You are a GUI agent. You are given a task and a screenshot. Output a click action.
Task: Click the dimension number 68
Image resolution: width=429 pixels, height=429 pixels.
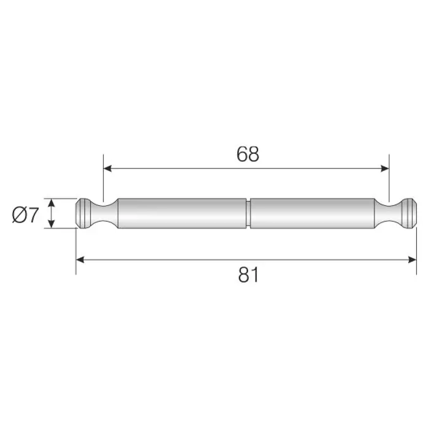tap(248, 154)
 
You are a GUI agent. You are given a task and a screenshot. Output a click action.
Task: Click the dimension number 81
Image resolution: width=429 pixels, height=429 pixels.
tap(248, 275)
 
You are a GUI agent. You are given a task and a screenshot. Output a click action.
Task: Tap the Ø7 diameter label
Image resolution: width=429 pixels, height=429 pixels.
tap(25, 215)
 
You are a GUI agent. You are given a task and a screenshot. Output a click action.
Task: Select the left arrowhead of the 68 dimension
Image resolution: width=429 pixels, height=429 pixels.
tap(107, 169)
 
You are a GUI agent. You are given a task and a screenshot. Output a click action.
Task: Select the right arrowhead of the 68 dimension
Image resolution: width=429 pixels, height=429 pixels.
tap(385, 169)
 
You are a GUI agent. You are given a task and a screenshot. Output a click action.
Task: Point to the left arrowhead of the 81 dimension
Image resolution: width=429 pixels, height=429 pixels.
tap(80, 260)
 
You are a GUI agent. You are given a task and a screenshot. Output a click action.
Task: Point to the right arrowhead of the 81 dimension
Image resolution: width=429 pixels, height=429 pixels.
tap(412, 260)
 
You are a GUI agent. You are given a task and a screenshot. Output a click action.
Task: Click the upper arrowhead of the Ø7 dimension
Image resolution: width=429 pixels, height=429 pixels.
tap(51, 203)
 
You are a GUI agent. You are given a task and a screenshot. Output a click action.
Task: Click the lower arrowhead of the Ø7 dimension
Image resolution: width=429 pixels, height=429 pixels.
tap(51, 224)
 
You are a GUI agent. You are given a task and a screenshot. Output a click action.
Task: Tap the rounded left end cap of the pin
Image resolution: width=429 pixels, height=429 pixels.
tap(83, 213)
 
